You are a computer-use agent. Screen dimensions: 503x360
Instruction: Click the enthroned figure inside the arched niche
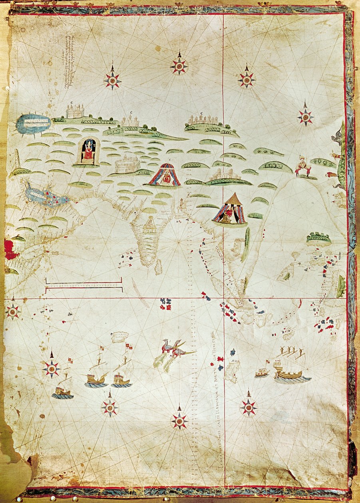pos(88,151)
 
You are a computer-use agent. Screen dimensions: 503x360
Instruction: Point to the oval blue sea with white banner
pos(34,123)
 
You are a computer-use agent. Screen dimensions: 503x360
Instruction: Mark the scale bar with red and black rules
pos(84,285)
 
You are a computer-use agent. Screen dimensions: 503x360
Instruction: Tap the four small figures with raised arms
pos(290,352)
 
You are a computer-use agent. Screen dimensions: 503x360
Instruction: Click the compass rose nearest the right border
pos(305,117)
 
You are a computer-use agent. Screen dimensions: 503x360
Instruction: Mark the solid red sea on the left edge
pos(10,250)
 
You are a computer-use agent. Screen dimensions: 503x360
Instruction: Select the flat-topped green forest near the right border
pos(318,238)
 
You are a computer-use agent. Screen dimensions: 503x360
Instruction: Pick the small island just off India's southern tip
pos(159,267)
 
